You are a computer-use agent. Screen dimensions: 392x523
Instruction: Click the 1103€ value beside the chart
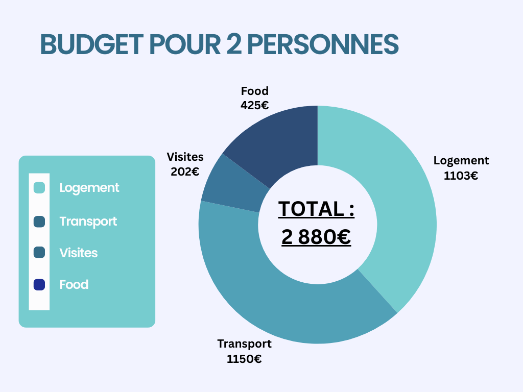pos(461,176)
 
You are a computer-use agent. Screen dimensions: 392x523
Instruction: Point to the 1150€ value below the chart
pos(244,359)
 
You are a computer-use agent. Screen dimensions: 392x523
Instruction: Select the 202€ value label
pos(185,171)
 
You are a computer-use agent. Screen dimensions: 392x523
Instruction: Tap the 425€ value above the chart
pos(254,106)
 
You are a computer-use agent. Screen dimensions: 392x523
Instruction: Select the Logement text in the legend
pos(89,188)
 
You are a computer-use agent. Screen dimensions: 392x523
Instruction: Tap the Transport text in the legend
pos(88,222)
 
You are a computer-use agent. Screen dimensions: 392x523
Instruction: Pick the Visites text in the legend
pos(78,253)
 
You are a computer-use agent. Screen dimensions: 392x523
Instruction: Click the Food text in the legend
pos(74,284)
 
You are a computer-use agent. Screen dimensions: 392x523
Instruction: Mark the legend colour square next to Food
pos(39,284)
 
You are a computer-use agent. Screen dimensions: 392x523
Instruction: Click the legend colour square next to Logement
pos(39,188)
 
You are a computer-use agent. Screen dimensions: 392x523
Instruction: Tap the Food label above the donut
pos(254,91)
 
